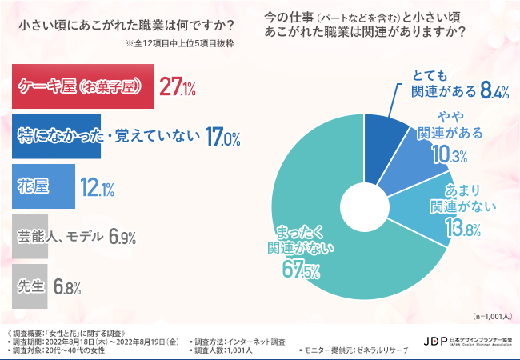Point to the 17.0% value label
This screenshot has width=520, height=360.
coord(223,138)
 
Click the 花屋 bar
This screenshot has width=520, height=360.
coord(44,186)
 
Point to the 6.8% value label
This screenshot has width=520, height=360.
coord(69,286)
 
